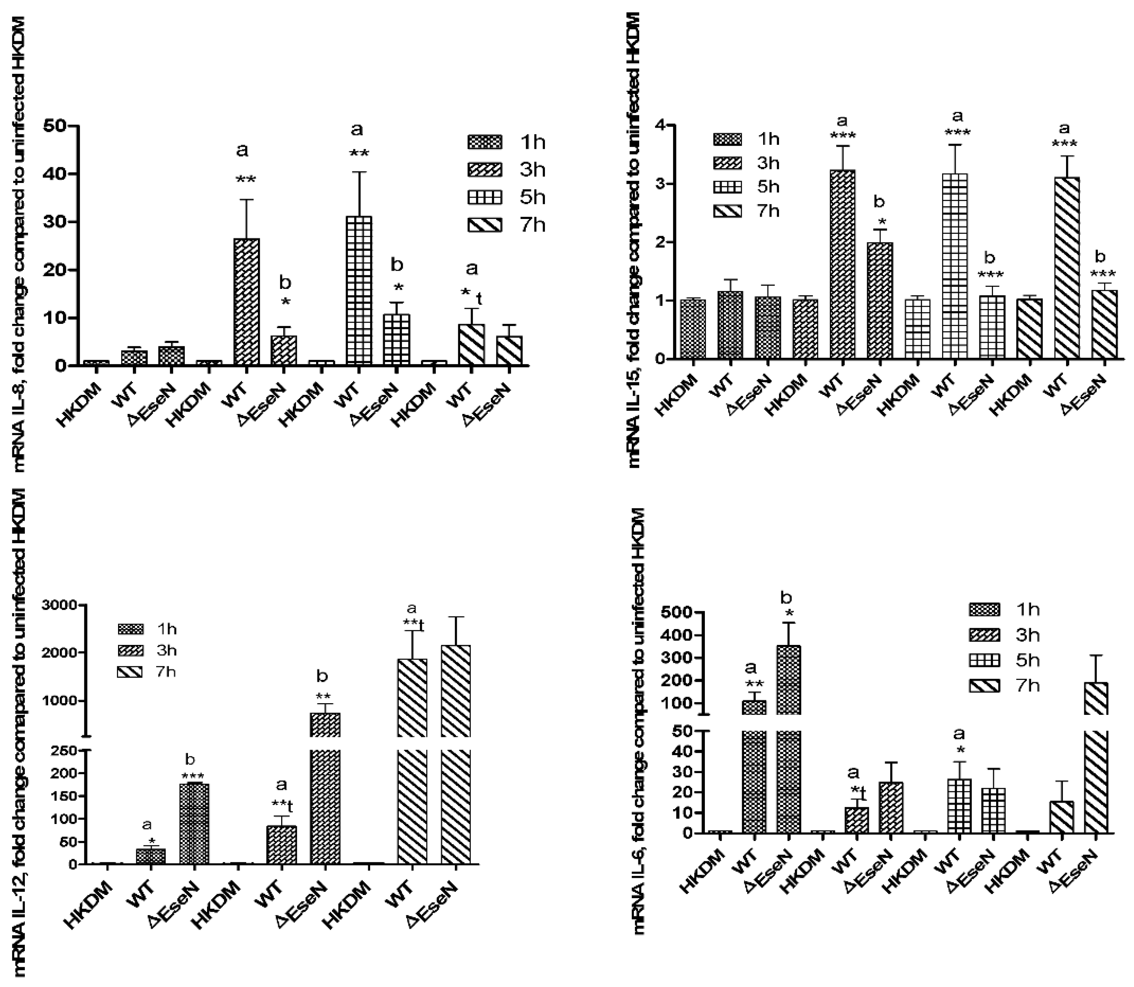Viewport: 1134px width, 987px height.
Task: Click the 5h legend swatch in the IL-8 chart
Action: pyautogui.click(x=484, y=198)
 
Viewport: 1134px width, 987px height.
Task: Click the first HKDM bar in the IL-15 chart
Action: pyautogui.click(x=693, y=329)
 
